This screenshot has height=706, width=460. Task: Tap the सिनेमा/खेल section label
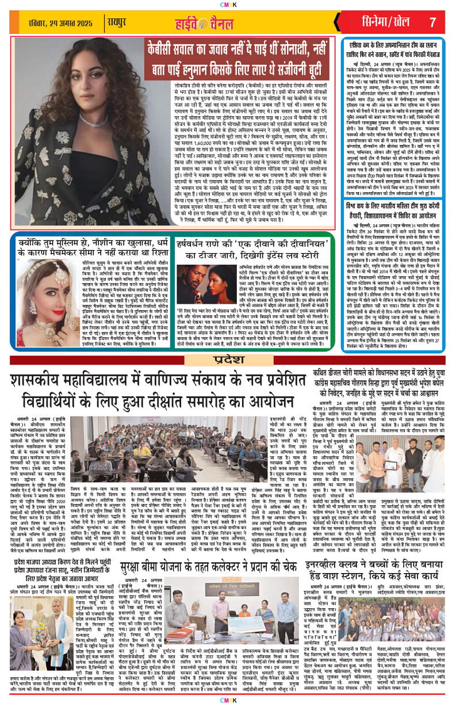[385, 22]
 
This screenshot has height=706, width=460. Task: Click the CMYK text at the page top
[229, 4]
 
